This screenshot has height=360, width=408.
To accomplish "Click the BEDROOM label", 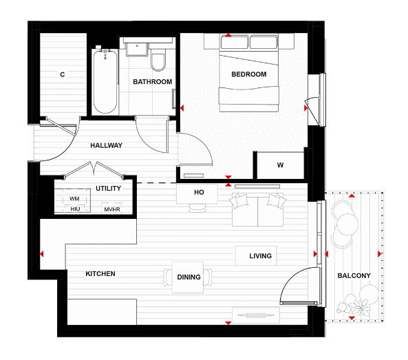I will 248,74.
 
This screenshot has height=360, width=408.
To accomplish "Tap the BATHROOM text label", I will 152,82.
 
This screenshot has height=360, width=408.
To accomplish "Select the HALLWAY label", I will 106,145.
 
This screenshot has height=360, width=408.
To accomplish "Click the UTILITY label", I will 108,187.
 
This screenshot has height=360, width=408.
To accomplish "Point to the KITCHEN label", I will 100,274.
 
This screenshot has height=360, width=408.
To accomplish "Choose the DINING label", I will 189,277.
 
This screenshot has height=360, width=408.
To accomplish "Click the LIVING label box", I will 260,256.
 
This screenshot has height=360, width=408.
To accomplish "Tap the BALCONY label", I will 354,276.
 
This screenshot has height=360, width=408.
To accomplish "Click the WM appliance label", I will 74,198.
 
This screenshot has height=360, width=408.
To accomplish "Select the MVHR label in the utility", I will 111,209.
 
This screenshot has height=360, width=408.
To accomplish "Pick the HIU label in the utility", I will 75,209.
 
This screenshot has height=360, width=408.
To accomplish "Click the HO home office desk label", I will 199,193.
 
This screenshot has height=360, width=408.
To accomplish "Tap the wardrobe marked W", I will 279,165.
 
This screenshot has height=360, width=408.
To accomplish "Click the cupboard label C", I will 62,74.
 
